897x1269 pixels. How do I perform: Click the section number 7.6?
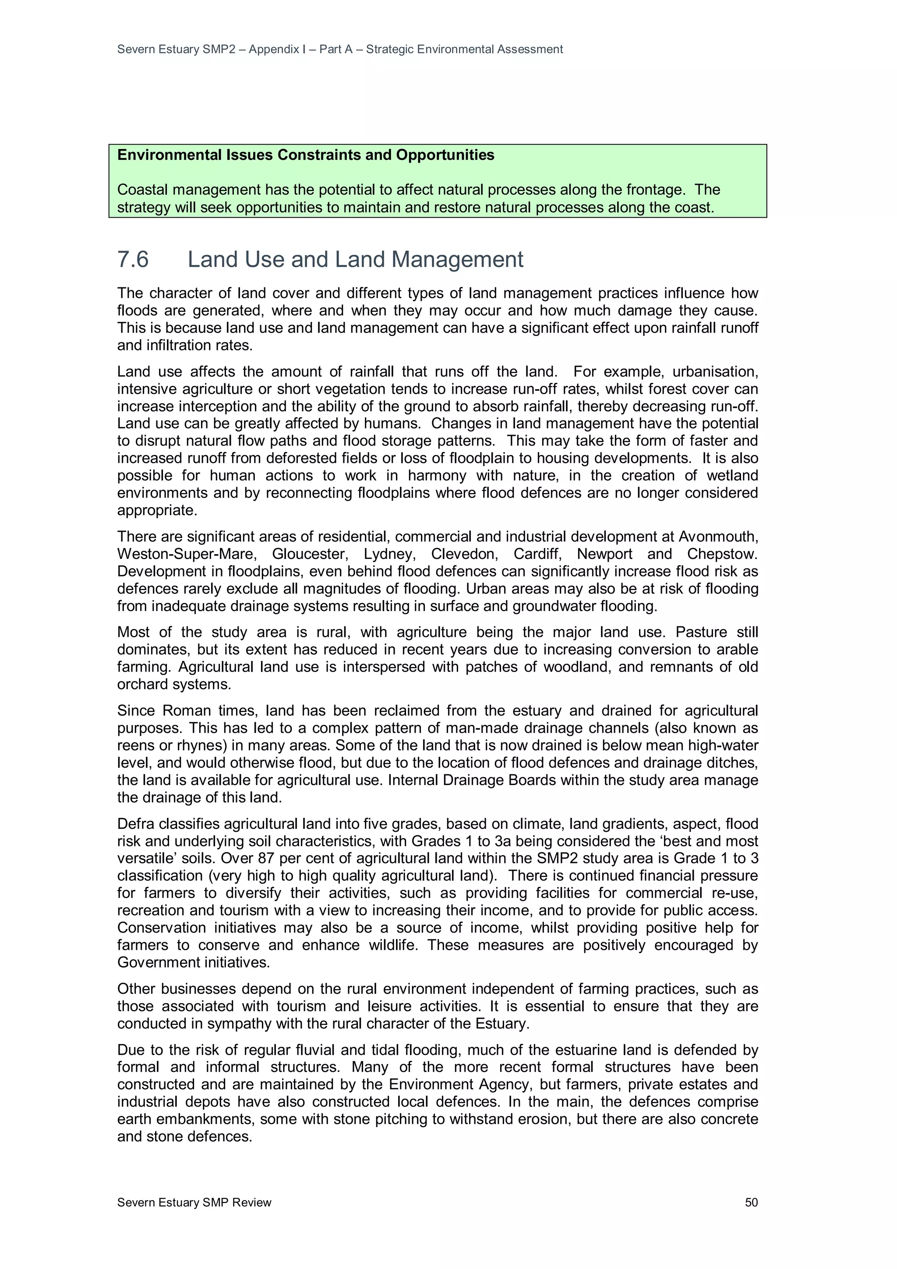[133, 260]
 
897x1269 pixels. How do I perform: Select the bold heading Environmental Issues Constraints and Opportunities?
[306, 156]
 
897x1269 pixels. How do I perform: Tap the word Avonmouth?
[718, 537]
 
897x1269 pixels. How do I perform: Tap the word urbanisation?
[715, 371]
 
